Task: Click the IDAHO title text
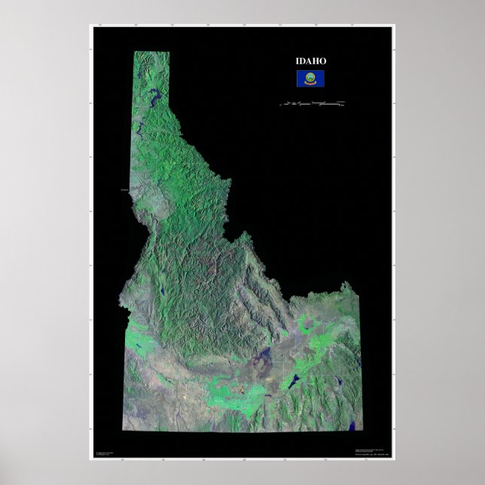pos(310,61)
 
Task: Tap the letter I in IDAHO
pos(297,61)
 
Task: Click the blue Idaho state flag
pos(310,78)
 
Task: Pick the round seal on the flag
pos(310,76)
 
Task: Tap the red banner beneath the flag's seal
pos(310,82)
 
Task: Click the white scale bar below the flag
pos(312,102)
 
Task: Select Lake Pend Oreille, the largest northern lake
pos(156,96)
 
